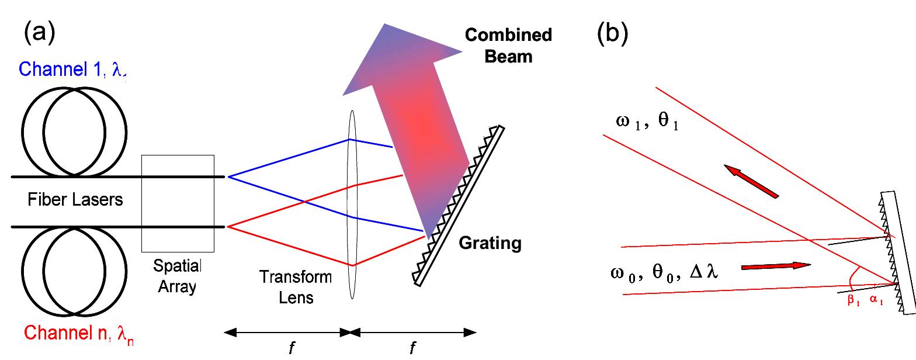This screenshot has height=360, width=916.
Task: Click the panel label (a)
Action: pos(40,34)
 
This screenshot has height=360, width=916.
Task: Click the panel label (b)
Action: pos(612,34)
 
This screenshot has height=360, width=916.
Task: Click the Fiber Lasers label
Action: pos(75,200)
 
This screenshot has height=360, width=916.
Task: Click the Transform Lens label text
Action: pos(296,287)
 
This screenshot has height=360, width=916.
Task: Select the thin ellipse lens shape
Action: pos(352,205)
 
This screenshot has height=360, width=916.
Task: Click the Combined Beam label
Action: pos(508,45)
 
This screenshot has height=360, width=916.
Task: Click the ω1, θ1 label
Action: pos(646,123)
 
